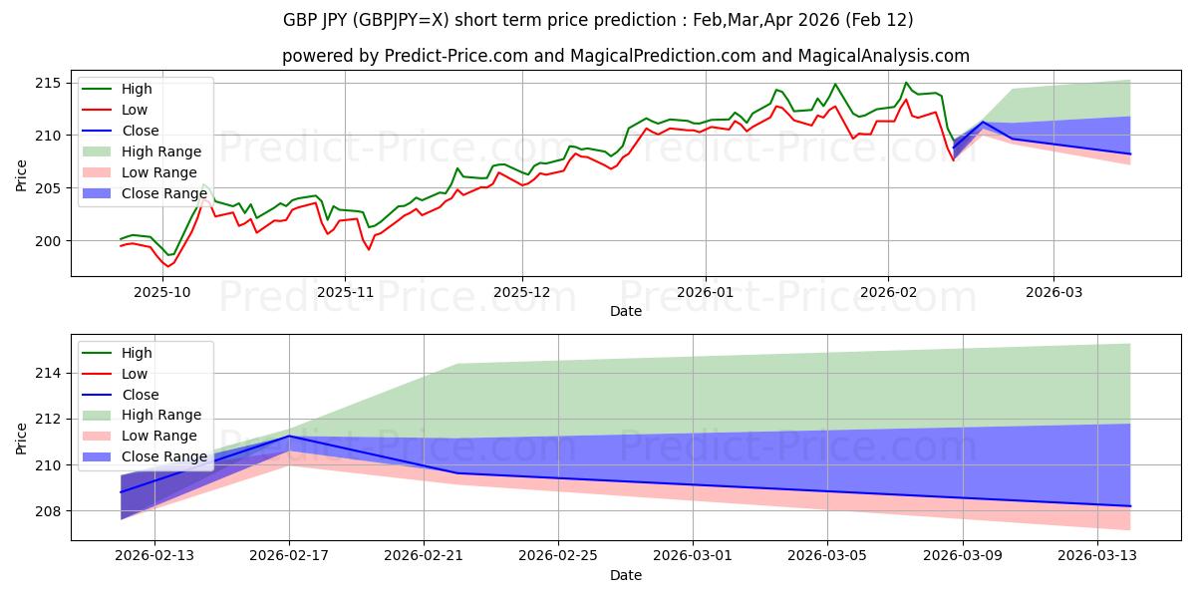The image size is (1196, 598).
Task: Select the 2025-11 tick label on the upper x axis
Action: pyautogui.click(x=345, y=292)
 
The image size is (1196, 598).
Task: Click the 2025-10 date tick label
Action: pyautogui.click(x=161, y=292)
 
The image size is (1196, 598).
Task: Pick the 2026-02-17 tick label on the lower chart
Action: pyautogui.click(x=289, y=555)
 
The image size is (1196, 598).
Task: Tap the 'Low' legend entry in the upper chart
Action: pyautogui.click(x=135, y=110)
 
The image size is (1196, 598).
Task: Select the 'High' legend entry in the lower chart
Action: pyautogui.click(x=137, y=353)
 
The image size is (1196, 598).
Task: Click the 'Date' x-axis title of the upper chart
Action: pyautogui.click(x=625, y=311)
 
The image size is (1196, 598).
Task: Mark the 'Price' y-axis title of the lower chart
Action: pyautogui.click(x=22, y=437)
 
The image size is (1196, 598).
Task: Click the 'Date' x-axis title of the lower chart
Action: pyautogui.click(x=625, y=575)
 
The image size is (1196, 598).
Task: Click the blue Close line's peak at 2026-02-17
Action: pyautogui.click(x=289, y=436)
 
